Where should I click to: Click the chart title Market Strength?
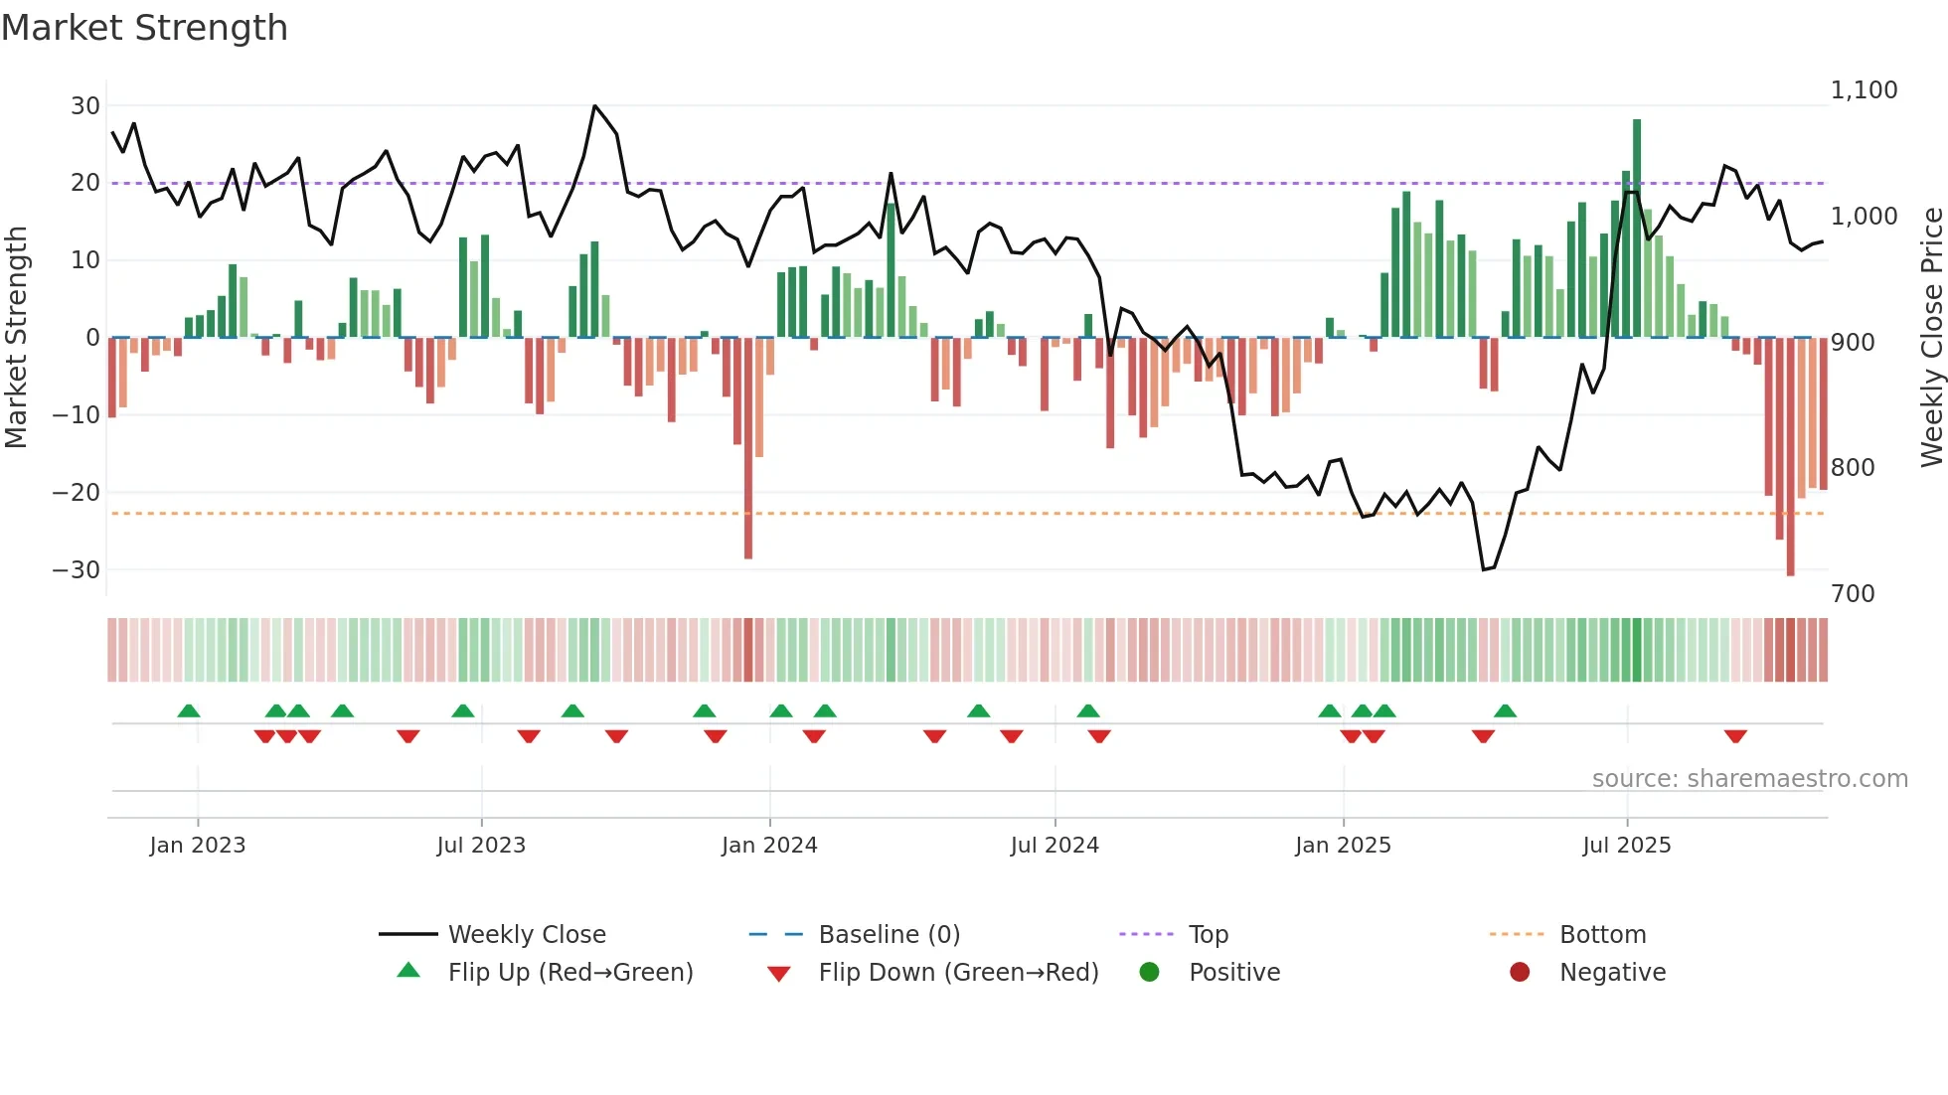click(x=144, y=28)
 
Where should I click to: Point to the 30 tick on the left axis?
click(x=85, y=106)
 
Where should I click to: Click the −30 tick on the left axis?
click(x=77, y=570)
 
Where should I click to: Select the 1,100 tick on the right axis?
click(x=1864, y=90)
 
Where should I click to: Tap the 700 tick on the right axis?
click(x=1853, y=594)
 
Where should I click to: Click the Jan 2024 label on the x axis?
click(x=769, y=846)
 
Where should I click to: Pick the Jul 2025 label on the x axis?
click(x=1626, y=846)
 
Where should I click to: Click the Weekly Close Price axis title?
click(x=1931, y=338)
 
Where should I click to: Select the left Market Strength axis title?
click(x=16, y=338)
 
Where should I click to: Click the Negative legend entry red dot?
click(x=1520, y=973)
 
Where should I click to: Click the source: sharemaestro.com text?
click(x=1749, y=779)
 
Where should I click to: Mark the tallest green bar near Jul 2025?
click(x=1637, y=229)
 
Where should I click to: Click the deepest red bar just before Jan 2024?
click(x=748, y=447)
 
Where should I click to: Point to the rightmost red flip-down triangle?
click(x=1735, y=736)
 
